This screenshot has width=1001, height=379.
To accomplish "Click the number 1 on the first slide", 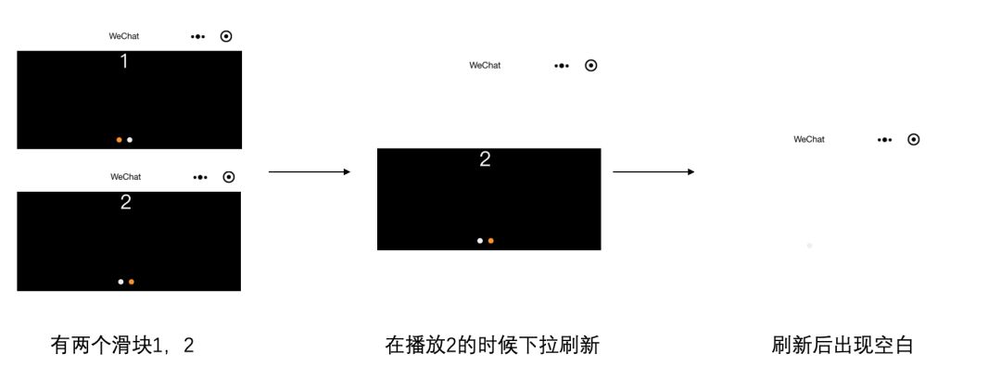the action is [124, 62].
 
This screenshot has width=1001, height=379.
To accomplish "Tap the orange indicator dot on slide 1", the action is [119, 140].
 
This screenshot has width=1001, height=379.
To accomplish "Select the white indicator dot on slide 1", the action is [130, 140].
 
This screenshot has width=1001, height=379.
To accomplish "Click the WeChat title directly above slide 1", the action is [124, 36].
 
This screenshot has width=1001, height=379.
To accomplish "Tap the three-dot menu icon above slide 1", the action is [197, 36].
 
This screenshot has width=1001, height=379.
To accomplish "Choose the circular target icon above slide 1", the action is [226, 36].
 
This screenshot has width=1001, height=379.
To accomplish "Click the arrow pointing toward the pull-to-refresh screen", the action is [310, 171].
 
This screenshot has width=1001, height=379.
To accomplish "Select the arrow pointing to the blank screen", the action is [653, 171].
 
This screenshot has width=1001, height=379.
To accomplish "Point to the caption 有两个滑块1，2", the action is [122, 346].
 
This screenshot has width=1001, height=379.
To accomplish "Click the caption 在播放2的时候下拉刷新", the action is [492, 346].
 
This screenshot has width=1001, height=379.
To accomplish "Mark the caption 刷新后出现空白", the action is [843, 346].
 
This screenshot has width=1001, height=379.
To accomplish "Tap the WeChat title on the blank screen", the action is [809, 139].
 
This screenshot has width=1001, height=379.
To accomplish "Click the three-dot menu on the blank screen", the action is [885, 139].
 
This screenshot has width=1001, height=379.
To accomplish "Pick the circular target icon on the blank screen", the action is [914, 139].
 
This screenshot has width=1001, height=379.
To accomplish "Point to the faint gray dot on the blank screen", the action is [809, 246].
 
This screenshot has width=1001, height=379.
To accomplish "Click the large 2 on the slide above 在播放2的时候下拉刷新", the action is [485, 159].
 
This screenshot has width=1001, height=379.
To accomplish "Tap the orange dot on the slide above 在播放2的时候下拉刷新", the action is [491, 241].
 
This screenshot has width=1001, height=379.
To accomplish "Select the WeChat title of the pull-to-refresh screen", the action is [485, 65].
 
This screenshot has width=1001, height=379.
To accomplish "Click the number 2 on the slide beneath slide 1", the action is [126, 202].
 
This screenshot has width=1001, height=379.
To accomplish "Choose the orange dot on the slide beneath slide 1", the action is [132, 282].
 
